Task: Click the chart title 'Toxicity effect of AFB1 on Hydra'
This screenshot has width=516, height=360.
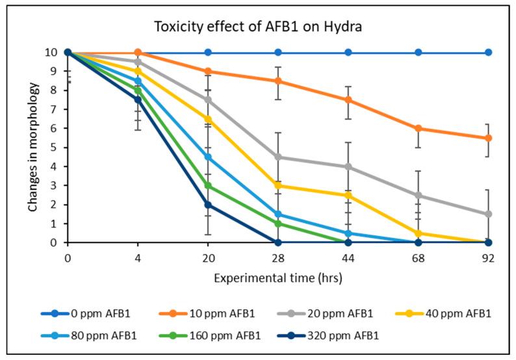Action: (257, 27)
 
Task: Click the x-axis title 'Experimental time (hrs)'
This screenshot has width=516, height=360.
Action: (277, 277)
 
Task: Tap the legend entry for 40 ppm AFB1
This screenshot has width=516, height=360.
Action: (446, 314)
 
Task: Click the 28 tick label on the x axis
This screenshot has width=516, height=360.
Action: (278, 257)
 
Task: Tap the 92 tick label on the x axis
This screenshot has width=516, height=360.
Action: (488, 257)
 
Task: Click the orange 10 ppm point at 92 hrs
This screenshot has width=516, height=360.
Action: (488, 138)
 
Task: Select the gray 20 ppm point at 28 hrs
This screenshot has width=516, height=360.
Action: (278, 157)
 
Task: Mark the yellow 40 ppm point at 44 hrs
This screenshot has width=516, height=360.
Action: (348, 195)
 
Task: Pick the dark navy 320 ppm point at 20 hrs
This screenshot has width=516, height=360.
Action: (208, 205)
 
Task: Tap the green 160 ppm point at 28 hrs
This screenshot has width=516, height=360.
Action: (278, 224)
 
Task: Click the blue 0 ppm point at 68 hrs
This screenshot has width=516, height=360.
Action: (419, 52)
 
